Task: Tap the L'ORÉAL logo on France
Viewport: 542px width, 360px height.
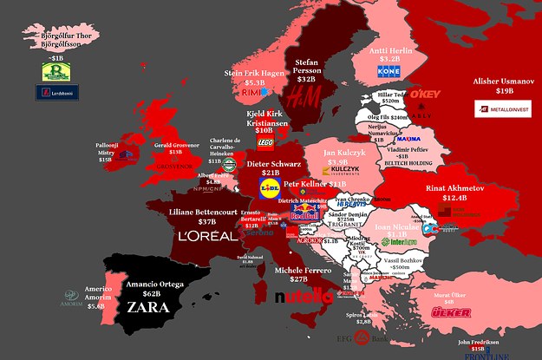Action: pos(206,235)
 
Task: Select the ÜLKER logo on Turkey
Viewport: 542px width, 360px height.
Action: pos(450,312)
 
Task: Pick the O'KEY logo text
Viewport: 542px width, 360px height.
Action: pos(426,93)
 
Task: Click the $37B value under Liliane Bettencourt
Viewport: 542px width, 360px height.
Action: pos(206,221)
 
